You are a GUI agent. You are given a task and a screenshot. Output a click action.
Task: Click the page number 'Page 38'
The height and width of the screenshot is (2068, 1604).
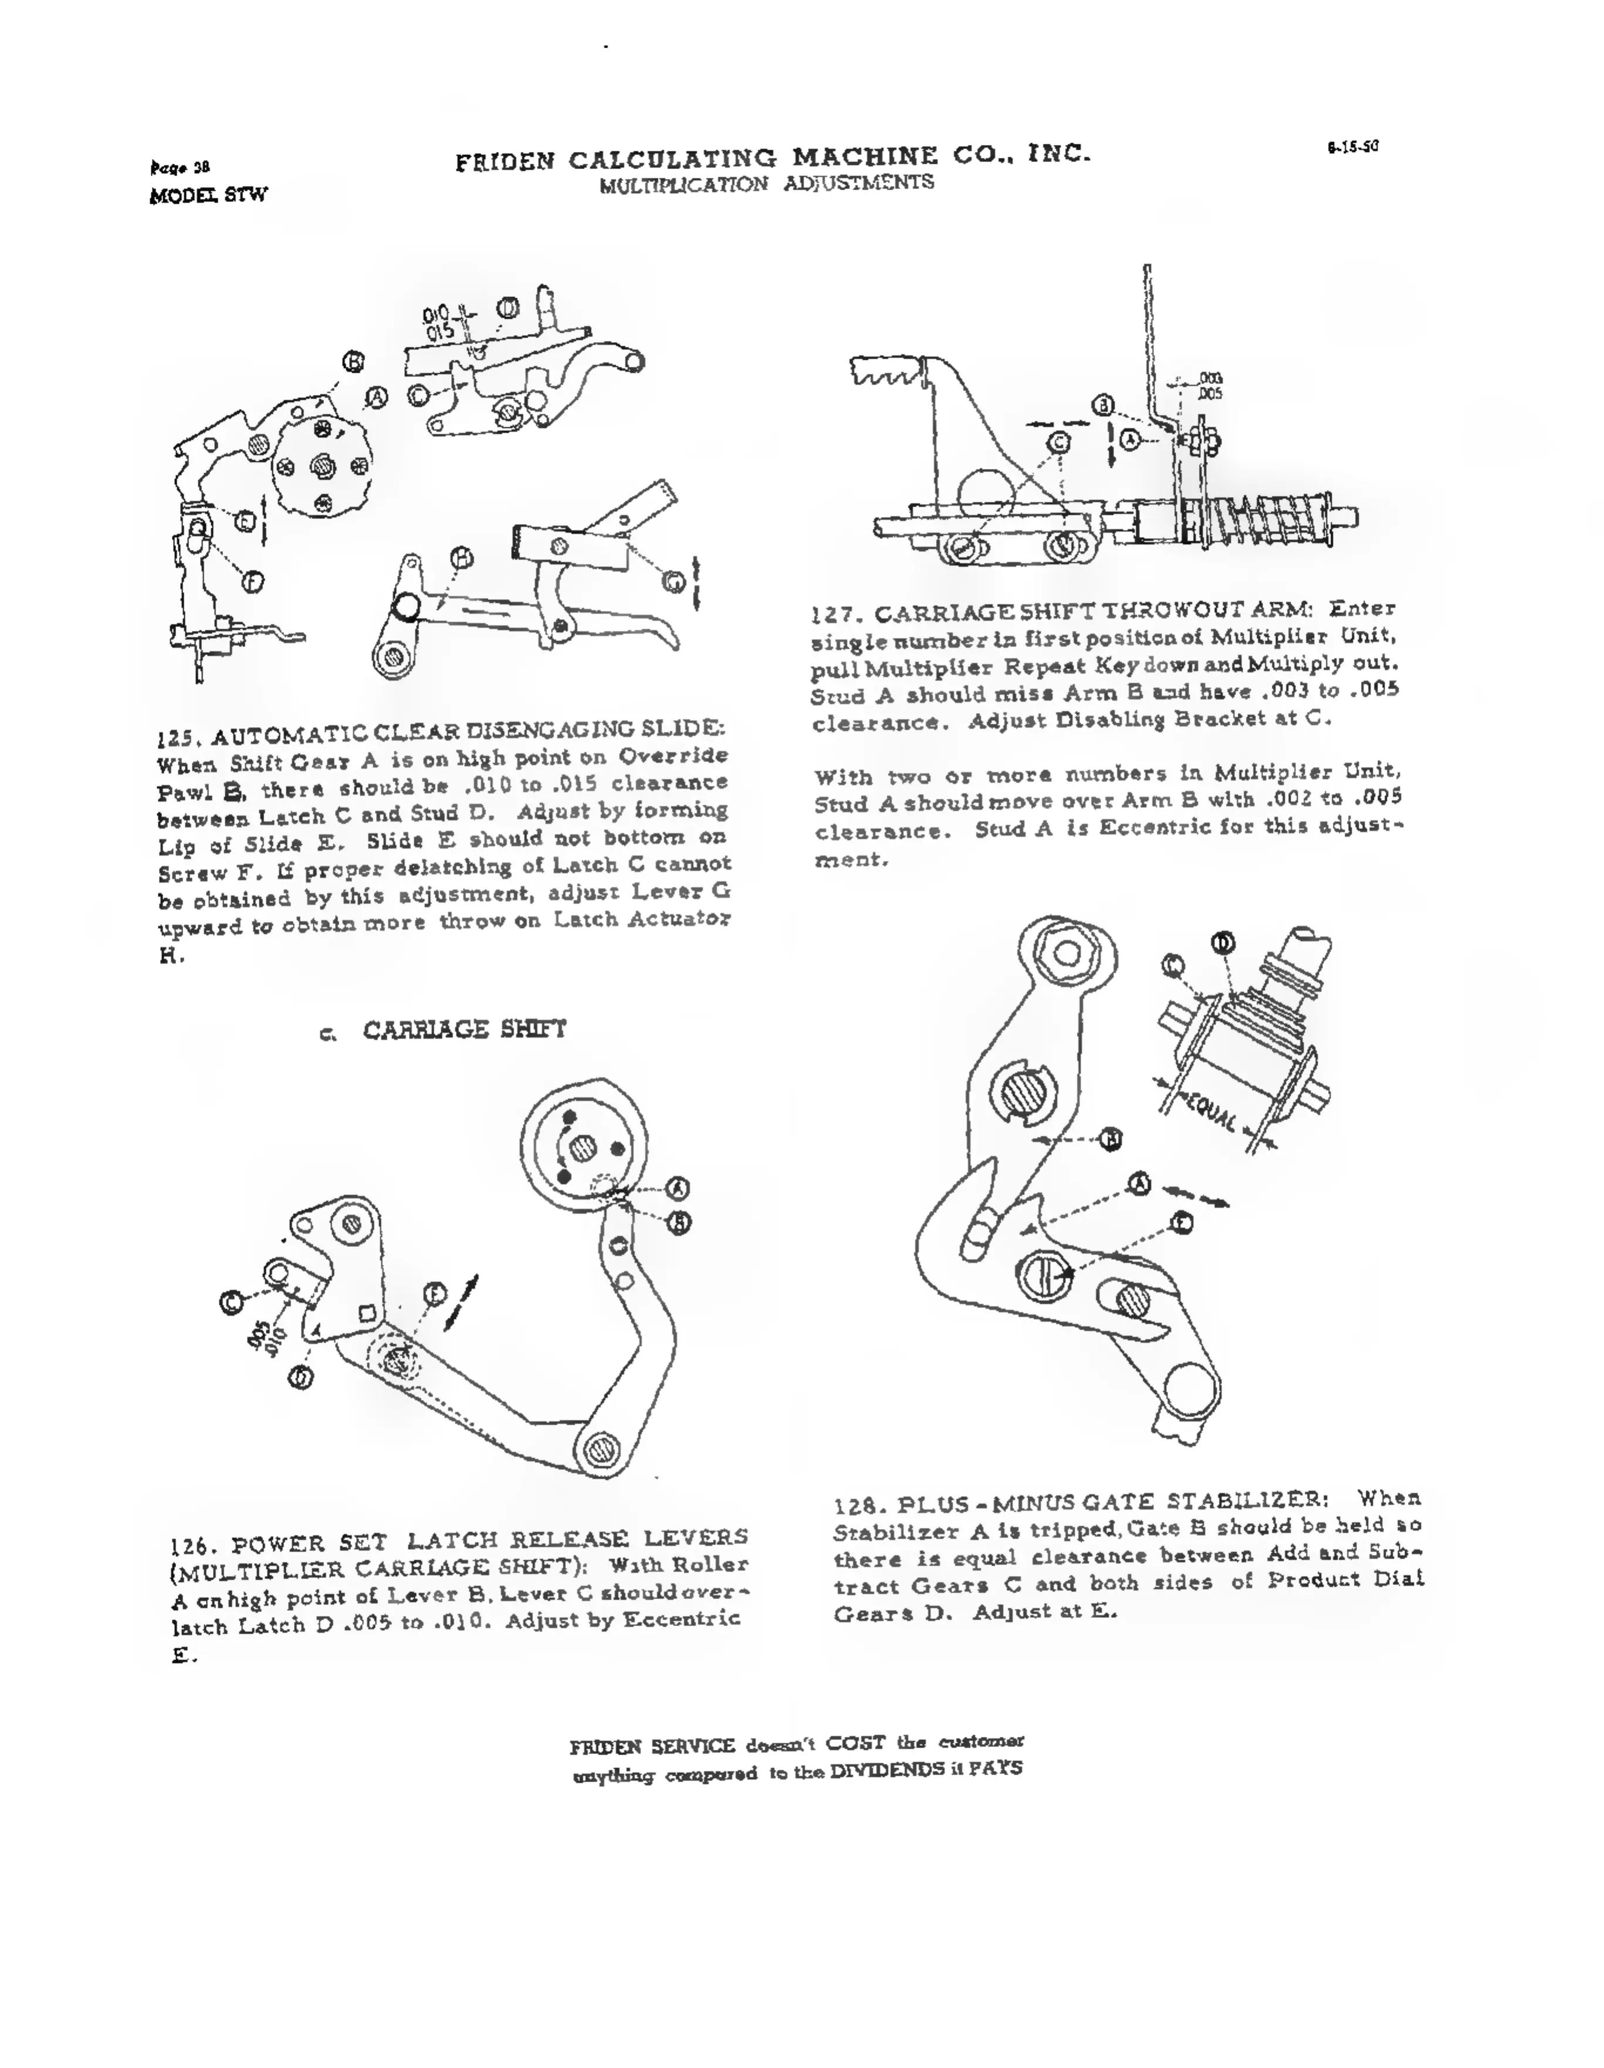coord(180,168)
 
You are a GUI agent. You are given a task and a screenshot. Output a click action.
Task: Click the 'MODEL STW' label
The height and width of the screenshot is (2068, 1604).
coord(208,195)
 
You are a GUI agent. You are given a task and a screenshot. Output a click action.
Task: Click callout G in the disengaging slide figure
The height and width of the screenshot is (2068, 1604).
coord(674,582)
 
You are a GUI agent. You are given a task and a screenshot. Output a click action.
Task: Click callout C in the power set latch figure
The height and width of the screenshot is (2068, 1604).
coord(231,1303)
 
